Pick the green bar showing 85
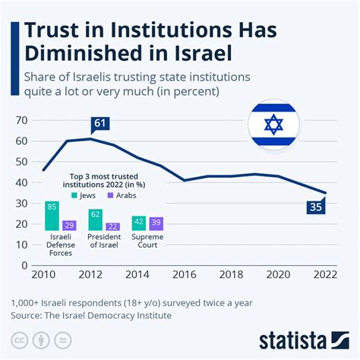tap(52, 216)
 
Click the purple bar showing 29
tap(68, 225)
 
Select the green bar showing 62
tap(95, 219)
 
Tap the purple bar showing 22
tap(112, 226)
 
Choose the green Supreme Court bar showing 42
tap(139, 223)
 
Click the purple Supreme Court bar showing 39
tap(156, 223)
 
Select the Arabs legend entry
tap(125, 194)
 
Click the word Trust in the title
tap(54, 33)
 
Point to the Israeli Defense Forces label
tap(60, 245)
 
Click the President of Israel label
tap(104, 242)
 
